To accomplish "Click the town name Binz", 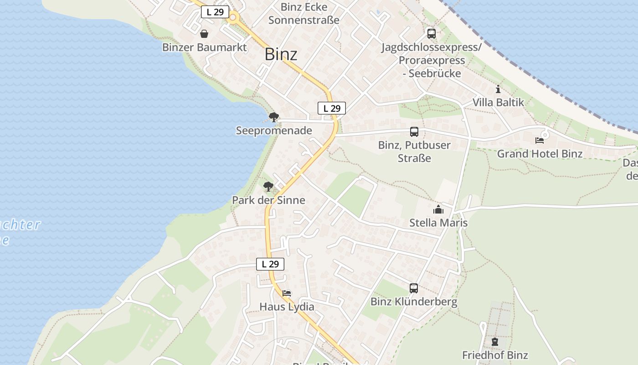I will pyautogui.click(x=281, y=54).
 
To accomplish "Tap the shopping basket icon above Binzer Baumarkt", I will pyautogui.click(x=204, y=34).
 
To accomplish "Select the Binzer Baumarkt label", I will pyautogui.click(x=205, y=47).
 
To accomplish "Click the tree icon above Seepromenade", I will pyautogui.click(x=273, y=117).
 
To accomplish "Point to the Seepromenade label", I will pyautogui.click(x=274, y=131).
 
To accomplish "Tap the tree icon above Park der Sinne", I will pyautogui.click(x=268, y=186).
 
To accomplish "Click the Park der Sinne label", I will pyautogui.click(x=268, y=200).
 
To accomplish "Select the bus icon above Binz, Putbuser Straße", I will pyautogui.click(x=414, y=132).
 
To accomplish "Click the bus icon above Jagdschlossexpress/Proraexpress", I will pyautogui.click(x=431, y=33).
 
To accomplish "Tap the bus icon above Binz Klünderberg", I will pyautogui.click(x=414, y=288).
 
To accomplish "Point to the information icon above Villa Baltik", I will pyautogui.click(x=498, y=89).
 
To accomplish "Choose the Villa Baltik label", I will pyautogui.click(x=498, y=102).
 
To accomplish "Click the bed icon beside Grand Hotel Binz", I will pyautogui.click(x=540, y=141).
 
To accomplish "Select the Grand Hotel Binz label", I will pyautogui.click(x=540, y=154).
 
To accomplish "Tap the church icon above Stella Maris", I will pyautogui.click(x=438, y=209).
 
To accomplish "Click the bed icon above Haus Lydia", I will pyautogui.click(x=287, y=293).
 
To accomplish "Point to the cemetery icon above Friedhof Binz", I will pyautogui.click(x=495, y=341).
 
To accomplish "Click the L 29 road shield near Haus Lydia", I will pyautogui.click(x=270, y=264).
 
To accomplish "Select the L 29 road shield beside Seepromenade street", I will pyautogui.click(x=332, y=108).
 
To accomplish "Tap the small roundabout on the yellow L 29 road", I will pyautogui.click(x=234, y=18).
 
